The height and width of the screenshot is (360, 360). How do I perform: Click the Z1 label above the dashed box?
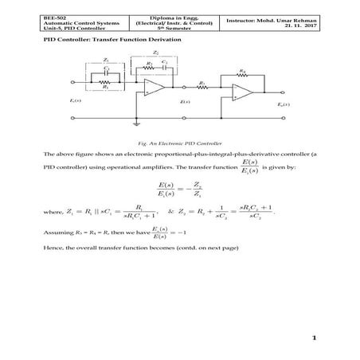click(x=106, y=61)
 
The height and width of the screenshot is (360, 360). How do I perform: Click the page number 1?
click(x=315, y=338)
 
